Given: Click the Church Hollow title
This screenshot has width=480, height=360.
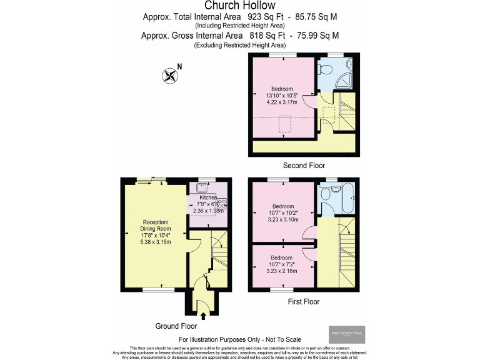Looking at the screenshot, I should click(239, 6).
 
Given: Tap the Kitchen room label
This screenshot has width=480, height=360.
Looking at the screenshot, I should click(208, 197).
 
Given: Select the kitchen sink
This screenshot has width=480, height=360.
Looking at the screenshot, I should click(201, 187).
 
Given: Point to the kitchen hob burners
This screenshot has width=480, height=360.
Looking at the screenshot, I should click(222, 202).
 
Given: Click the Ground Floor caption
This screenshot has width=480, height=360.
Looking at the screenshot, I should click(176, 326).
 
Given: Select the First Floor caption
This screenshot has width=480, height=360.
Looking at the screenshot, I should click(302, 301).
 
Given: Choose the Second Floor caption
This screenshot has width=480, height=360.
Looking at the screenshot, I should click(302, 166).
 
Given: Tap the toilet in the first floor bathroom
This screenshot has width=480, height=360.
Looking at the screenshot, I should click(324, 196).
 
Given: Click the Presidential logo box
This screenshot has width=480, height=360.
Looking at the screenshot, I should click(346, 334).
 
